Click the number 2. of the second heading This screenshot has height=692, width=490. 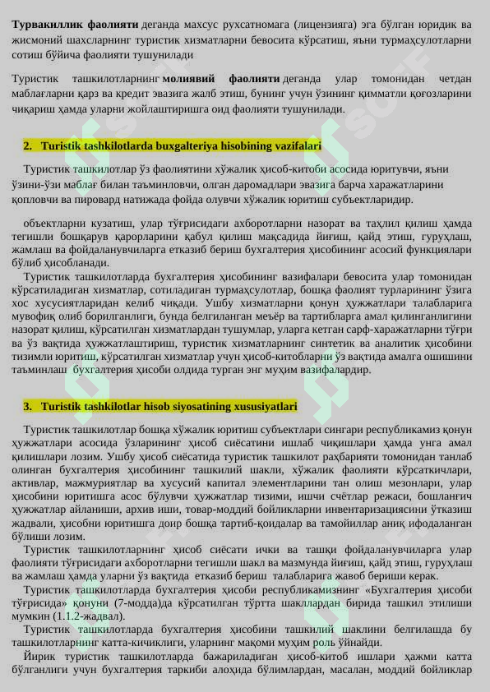click(x=27, y=145)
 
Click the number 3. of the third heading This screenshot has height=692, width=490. click(x=27, y=406)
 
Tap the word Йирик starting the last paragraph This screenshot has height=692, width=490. click(x=39, y=656)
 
